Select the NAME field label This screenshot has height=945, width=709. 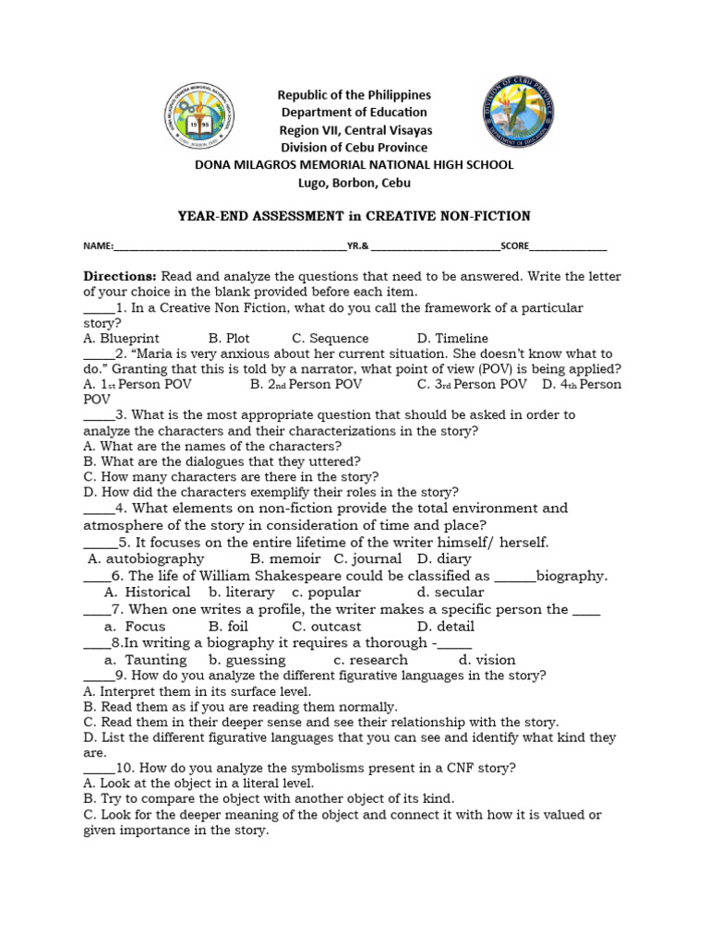[x=97, y=246]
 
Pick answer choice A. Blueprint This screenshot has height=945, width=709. [x=120, y=339]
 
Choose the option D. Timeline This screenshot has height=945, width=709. [x=452, y=339]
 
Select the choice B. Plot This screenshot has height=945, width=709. [x=229, y=339]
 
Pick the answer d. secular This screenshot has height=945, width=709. [x=450, y=592]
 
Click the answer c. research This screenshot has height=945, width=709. [x=370, y=660]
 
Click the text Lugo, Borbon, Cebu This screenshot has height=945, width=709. [x=354, y=183]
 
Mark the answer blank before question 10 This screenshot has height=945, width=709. [x=98, y=768]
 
